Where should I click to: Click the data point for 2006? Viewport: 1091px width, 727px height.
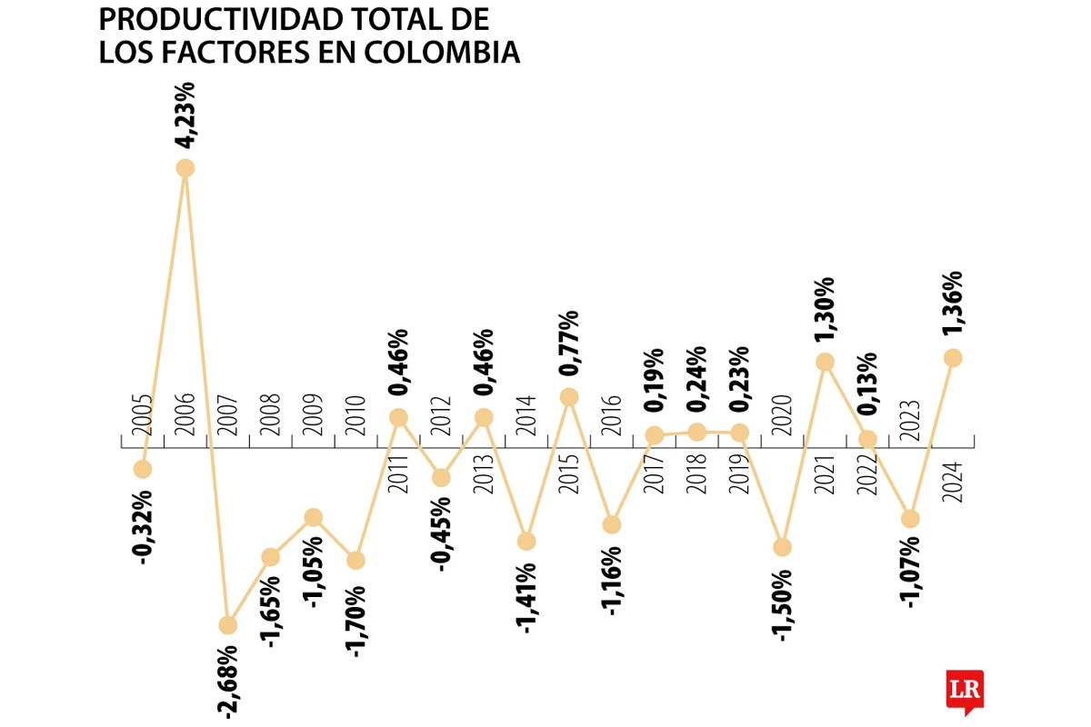[x=185, y=168]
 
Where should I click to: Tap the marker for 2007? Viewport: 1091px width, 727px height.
[x=227, y=625]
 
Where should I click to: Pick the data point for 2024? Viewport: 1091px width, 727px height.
[x=953, y=358]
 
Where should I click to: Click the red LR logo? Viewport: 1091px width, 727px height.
[x=965, y=689]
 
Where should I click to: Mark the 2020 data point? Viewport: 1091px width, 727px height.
[x=783, y=547]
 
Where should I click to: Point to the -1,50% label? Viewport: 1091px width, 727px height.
[x=783, y=603]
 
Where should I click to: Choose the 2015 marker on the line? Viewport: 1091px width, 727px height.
[x=569, y=397]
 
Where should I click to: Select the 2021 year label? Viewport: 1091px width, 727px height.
[x=826, y=473]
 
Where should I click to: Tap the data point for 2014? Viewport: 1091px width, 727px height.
[x=526, y=542]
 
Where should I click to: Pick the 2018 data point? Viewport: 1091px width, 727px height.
[x=697, y=432]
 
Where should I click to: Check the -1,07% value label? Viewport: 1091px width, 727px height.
[x=910, y=574]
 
